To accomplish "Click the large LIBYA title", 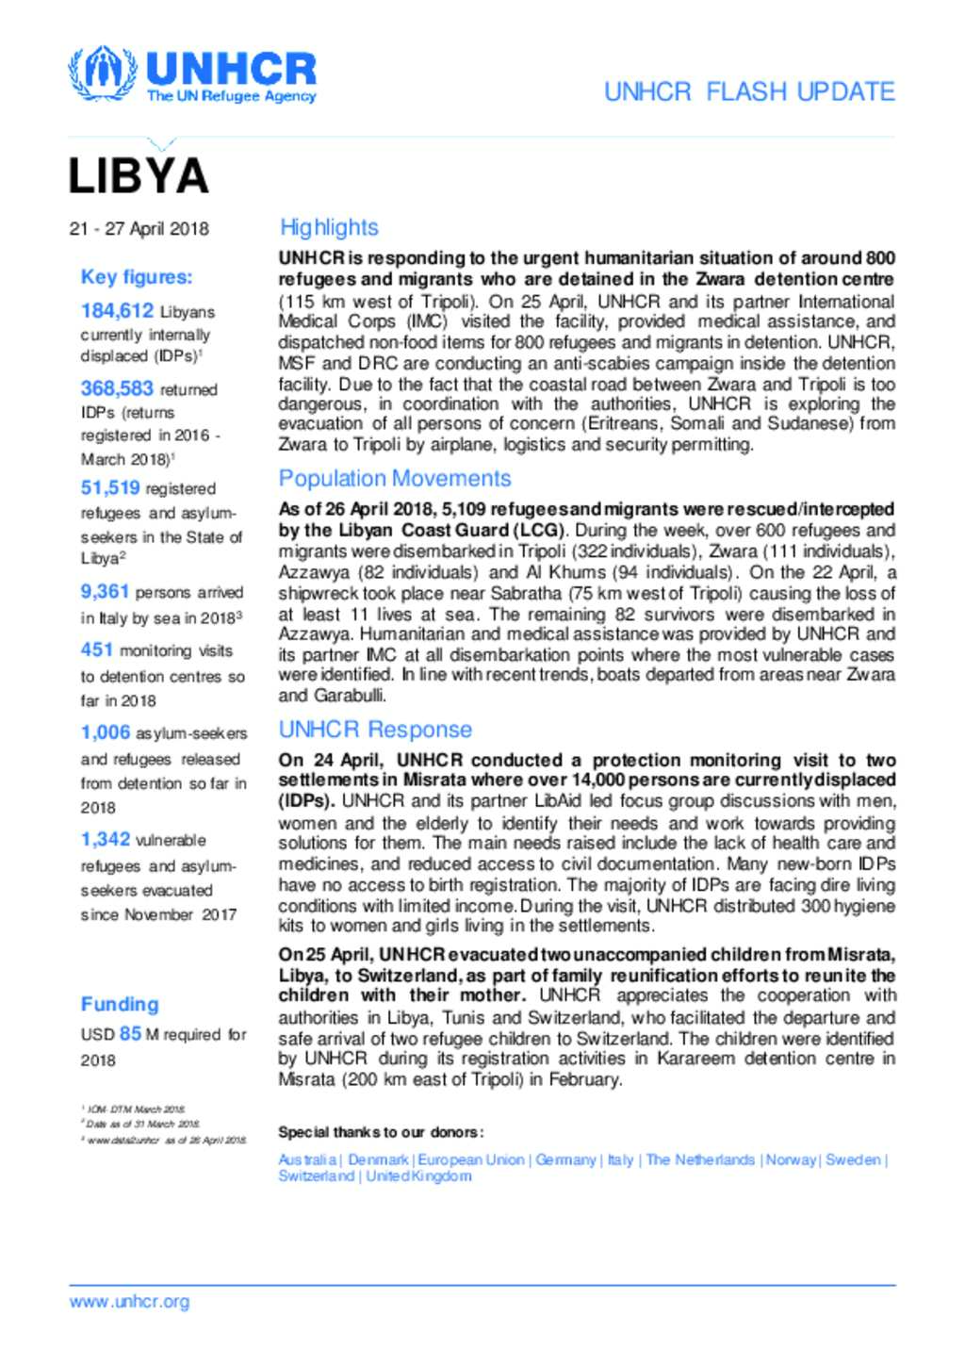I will point(138,176).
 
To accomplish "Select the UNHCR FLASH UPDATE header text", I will point(749,91).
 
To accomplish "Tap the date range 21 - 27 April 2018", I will point(139,228).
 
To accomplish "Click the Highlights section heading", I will point(329,227).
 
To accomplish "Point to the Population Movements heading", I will point(395,478).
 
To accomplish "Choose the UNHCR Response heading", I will point(375,729).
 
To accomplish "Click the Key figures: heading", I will point(136,276).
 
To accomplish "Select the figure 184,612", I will point(117,310).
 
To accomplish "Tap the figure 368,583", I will point(117,387).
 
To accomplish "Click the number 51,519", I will point(110,487).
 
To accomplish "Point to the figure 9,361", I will point(105,591).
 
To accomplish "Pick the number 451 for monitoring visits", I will point(97,649).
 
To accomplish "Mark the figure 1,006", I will point(106,731).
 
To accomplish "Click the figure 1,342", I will point(106,839).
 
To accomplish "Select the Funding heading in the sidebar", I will point(120,1004).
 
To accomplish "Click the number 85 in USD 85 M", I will point(130,1033).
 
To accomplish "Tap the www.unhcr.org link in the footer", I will point(129,1302).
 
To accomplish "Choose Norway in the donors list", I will point(791,1159).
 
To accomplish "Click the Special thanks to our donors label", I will point(381,1132).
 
